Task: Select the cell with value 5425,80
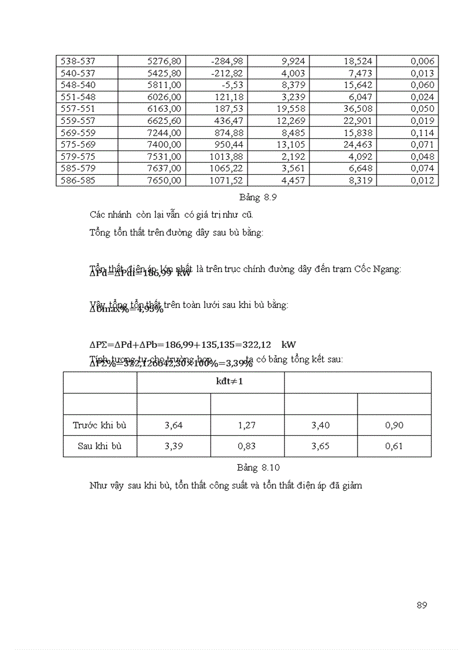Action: click(165, 73)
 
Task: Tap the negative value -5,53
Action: click(232, 85)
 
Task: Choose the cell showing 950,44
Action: click(228, 145)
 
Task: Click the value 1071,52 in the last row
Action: click(226, 181)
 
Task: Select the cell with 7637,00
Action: click(165, 168)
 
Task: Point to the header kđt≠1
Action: click(211, 383)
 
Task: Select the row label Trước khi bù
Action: click(99, 425)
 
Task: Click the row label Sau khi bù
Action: click(99, 446)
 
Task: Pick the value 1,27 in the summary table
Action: click(247, 425)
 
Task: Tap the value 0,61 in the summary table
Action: click(394, 446)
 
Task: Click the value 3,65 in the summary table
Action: click(320, 446)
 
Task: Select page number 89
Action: click(421, 605)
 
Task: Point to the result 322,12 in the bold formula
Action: click(260, 344)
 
